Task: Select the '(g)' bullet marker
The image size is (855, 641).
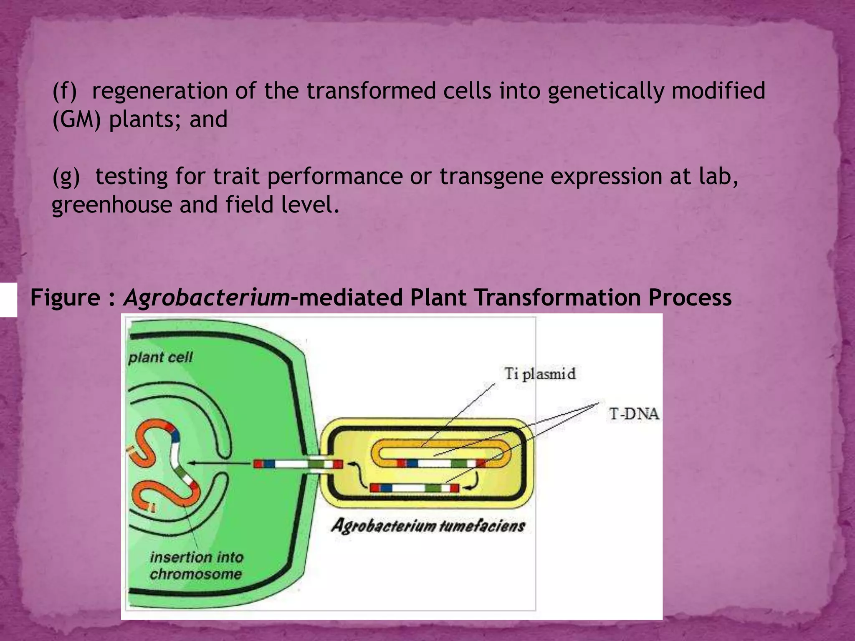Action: tap(66, 177)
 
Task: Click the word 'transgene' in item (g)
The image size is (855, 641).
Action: tap(491, 177)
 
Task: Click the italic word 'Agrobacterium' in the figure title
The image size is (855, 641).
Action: tap(206, 298)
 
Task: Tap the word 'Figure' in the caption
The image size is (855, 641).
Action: tap(65, 298)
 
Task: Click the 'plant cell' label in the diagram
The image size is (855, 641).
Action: tap(160, 357)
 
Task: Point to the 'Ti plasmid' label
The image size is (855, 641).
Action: tap(540, 373)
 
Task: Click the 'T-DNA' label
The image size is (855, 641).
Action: tap(634, 414)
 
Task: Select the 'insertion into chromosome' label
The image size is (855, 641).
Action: tap(196, 565)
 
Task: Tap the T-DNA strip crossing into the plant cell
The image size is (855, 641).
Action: tap(298, 464)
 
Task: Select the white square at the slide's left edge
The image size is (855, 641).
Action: tap(8, 299)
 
